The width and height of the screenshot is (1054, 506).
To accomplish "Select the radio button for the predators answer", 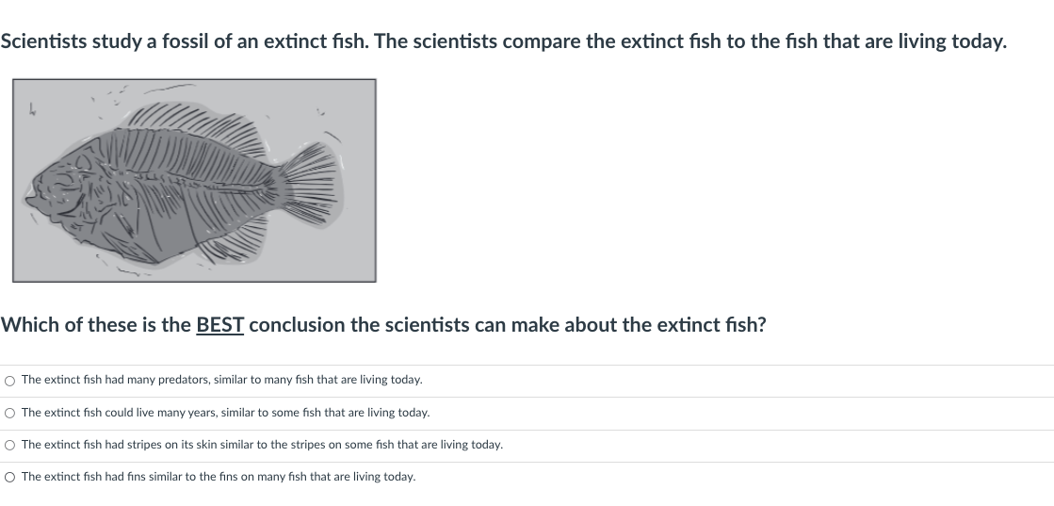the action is (x=9, y=381).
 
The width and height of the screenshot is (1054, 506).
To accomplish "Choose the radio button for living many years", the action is (x=9, y=413).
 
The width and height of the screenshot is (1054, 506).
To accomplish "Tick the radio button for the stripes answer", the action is (x=9, y=446).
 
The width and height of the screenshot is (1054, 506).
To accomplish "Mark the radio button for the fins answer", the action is (x=9, y=478).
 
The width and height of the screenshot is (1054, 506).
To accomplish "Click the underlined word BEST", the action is (x=219, y=325).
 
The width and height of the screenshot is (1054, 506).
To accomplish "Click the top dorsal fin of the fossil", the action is (x=195, y=128).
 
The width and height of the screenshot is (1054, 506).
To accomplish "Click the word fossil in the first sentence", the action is (x=185, y=41).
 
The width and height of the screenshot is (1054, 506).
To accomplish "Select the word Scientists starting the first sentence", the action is (x=43, y=41).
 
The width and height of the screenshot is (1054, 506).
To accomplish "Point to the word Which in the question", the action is (x=30, y=325).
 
